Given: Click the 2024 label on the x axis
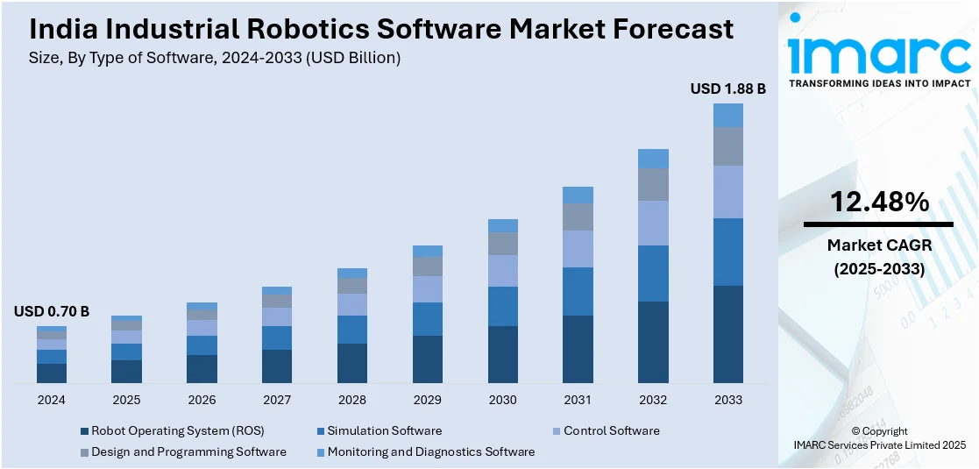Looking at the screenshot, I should pyautogui.click(x=51, y=400).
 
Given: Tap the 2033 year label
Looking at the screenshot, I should pyautogui.click(x=727, y=400).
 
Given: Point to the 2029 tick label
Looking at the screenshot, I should pyautogui.click(x=427, y=400).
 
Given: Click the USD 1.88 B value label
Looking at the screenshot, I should pyautogui.click(x=727, y=89).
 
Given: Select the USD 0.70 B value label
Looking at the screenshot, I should pyautogui.click(x=51, y=311).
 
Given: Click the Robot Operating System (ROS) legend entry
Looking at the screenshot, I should pyautogui.click(x=177, y=430).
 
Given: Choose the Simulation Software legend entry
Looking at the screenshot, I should pyautogui.click(x=384, y=430).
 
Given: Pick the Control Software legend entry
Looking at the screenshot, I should pyautogui.click(x=611, y=430).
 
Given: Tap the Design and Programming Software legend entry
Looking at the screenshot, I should pyautogui.click(x=188, y=451).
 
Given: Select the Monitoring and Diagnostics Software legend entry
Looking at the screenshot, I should pyautogui.click(x=430, y=451).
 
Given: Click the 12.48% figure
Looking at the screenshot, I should pyautogui.click(x=879, y=203).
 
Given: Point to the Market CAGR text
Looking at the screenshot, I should pyautogui.click(x=879, y=246).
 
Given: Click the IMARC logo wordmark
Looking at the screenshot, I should pyautogui.click(x=879, y=54).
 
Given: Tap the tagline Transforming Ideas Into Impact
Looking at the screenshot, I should pyautogui.click(x=879, y=83).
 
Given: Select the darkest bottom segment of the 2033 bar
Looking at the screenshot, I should pyautogui.click(x=727, y=334).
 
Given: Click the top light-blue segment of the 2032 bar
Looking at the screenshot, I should pyautogui.click(x=653, y=159).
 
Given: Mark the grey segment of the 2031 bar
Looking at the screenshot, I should pyautogui.click(x=578, y=217).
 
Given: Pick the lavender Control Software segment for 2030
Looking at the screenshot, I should pyautogui.click(x=502, y=271).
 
